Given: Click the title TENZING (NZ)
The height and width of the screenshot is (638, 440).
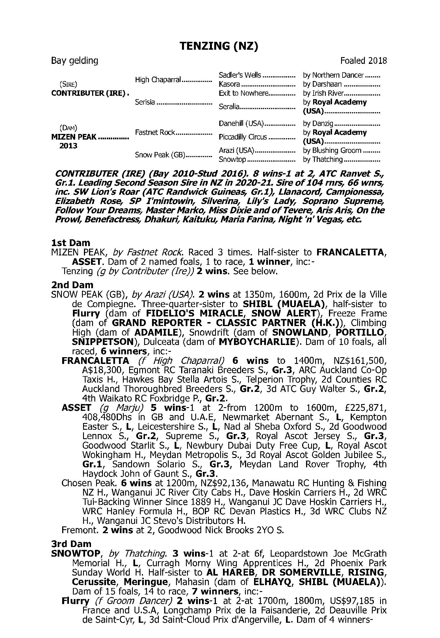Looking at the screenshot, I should [219, 46].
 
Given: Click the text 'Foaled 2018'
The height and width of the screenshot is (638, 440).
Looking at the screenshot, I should [363, 61].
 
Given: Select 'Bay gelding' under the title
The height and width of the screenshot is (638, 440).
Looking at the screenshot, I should [75, 61].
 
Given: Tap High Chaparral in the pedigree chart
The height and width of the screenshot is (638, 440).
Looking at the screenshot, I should [158, 80].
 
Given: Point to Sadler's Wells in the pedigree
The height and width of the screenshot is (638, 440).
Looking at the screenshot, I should [240, 75].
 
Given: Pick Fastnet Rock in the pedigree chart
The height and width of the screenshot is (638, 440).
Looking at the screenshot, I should [155, 133].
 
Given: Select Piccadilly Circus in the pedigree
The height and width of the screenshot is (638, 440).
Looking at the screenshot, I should [243, 137].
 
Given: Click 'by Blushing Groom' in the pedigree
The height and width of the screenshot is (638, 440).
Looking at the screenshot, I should [332, 151].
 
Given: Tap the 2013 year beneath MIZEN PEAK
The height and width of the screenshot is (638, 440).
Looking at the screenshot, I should [69, 146].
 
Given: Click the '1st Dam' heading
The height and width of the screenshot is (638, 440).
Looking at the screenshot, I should [71, 243].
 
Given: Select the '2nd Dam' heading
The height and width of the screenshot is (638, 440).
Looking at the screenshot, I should [72, 285].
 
